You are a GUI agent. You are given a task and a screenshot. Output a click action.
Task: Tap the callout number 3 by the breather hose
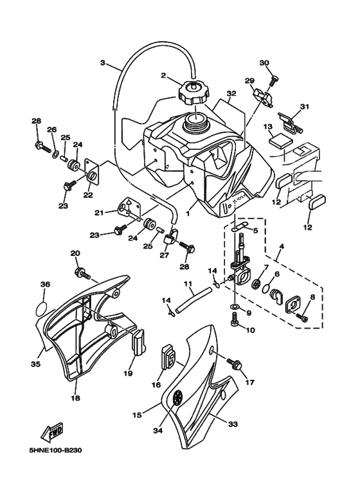click(x=102, y=63)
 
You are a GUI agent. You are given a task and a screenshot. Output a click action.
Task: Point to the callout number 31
click(x=304, y=107)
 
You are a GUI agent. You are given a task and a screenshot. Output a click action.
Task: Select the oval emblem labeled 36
click(x=40, y=307)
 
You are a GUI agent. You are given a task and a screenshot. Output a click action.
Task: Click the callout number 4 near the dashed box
click(x=280, y=246)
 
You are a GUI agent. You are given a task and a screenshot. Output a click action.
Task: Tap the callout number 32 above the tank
click(x=231, y=93)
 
